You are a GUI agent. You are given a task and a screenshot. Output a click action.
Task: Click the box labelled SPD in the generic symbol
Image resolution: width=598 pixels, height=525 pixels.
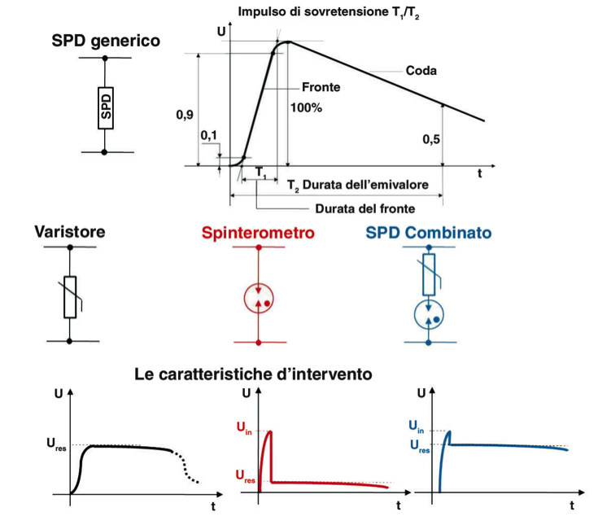pyautogui.click(x=106, y=108)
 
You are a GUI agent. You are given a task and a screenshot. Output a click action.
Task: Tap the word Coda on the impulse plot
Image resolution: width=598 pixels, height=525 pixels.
pyautogui.click(x=421, y=71)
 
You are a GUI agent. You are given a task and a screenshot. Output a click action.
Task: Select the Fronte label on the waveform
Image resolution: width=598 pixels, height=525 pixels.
pyautogui.click(x=321, y=87)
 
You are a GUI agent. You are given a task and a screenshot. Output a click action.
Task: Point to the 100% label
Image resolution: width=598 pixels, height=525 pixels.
pyautogui.click(x=306, y=108)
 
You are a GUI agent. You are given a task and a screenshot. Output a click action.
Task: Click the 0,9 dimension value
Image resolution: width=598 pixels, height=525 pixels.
pyautogui.click(x=185, y=115)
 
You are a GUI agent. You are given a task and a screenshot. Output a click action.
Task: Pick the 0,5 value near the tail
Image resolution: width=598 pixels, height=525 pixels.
pyautogui.click(x=431, y=140)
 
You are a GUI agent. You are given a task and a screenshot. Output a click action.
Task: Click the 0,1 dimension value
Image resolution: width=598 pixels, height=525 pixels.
pyautogui.click(x=208, y=135)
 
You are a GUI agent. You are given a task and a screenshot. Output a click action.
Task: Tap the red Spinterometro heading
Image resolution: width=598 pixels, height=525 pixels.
pyautogui.click(x=258, y=232)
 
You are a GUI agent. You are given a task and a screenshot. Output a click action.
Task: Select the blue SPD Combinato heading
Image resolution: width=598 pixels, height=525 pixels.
pyautogui.click(x=429, y=232)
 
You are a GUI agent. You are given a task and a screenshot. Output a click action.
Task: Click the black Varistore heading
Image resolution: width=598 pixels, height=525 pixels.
pyautogui.click(x=70, y=232)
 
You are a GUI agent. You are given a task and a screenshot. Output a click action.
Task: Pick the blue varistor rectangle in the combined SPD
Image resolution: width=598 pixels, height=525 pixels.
pyautogui.click(x=429, y=275)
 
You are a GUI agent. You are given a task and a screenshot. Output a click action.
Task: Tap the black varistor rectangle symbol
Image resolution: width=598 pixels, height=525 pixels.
pyautogui.click(x=70, y=297)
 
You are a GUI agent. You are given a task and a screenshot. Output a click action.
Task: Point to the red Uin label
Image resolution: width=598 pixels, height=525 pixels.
pyautogui.click(x=244, y=427)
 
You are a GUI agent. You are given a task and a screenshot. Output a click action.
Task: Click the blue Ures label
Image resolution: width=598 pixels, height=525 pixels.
pyautogui.click(x=420, y=446)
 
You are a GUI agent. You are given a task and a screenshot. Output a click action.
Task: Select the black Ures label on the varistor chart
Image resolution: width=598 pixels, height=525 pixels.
pyautogui.click(x=56, y=444)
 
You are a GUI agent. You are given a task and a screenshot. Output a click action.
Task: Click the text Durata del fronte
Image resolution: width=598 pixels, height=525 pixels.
pyautogui.click(x=365, y=208)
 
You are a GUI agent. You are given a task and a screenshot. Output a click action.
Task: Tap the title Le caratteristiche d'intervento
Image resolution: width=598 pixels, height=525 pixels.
pyautogui.click(x=253, y=374)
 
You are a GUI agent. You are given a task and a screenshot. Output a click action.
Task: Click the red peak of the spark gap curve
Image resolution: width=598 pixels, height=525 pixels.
pyautogui.click(x=270, y=431)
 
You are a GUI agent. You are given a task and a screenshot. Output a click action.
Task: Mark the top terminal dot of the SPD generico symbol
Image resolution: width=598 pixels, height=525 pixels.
pyautogui.click(x=105, y=59)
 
